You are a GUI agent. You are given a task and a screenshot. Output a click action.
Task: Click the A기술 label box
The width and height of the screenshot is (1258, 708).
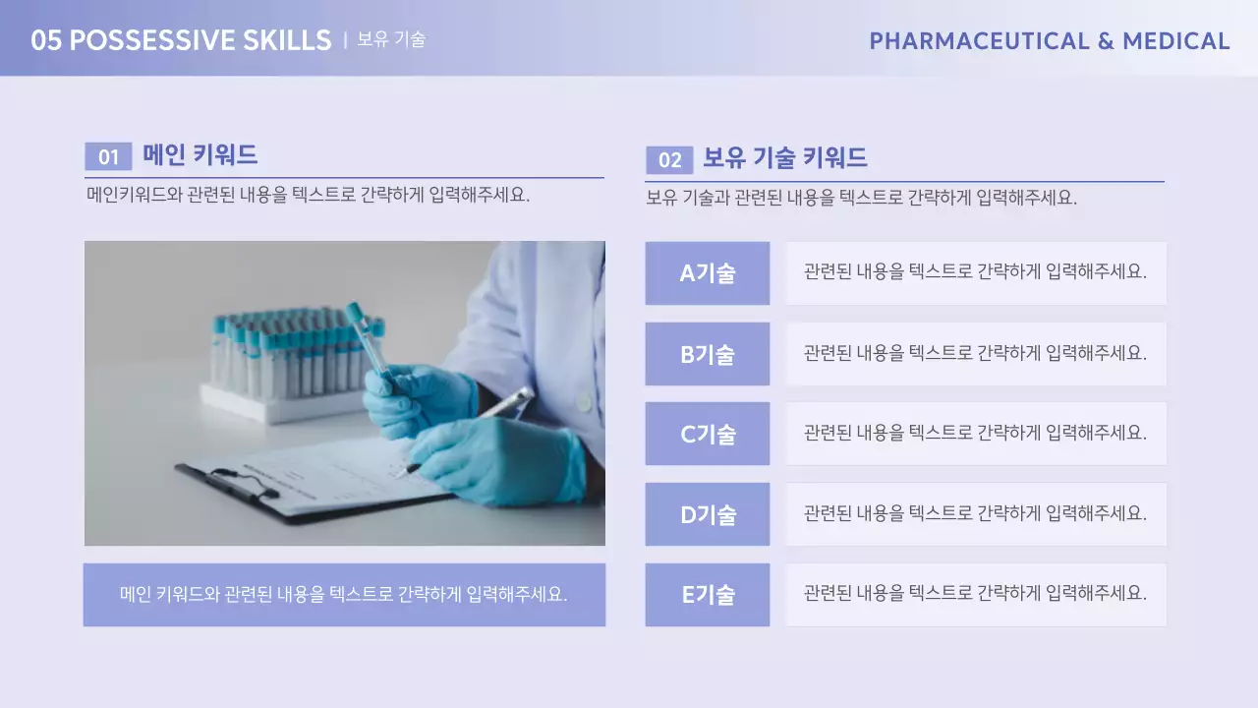point(707,273)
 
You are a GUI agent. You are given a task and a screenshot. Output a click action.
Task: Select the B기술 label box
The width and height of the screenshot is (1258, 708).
point(707,354)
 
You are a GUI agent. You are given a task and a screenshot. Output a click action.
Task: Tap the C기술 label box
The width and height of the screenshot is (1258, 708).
point(707,434)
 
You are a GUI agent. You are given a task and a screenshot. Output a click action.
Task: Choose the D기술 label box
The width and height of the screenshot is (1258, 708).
point(707,514)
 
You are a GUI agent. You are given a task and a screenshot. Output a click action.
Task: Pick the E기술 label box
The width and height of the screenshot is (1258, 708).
point(707,595)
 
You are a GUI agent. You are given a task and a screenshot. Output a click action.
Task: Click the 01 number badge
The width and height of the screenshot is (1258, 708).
point(108,156)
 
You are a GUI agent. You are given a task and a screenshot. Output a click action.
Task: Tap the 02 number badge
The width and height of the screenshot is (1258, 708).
point(669,160)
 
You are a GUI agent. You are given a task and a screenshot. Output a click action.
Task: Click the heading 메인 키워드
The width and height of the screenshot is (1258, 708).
point(200,154)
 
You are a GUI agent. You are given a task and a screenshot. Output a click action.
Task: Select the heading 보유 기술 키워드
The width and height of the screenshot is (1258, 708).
point(784,158)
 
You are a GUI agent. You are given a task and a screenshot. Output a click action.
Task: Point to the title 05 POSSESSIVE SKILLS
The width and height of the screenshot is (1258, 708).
point(181,40)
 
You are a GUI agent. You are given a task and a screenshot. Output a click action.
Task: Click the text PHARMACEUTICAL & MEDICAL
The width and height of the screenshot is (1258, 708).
point(1049,41)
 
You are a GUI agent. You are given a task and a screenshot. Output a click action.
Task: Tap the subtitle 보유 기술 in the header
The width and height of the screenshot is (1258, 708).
point(391,40)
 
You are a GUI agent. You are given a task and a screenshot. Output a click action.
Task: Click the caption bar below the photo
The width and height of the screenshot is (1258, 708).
point(344,595)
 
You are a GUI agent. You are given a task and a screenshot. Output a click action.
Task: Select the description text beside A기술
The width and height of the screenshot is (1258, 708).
point(975,273)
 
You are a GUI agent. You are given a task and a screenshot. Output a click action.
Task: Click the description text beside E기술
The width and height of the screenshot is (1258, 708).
point(975,595)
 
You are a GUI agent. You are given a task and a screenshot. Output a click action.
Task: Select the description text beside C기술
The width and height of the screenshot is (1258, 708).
point(975,434)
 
